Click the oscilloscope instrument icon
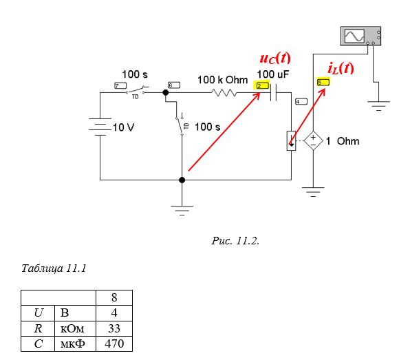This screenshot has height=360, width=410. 360,36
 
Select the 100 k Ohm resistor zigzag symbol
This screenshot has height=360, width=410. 224,93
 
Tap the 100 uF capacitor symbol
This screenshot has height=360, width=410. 274,92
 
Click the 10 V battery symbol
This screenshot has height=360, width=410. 100,127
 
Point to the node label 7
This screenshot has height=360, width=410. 120,85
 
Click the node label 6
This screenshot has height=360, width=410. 174,85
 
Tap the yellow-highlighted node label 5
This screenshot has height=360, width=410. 323,83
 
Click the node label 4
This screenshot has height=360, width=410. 301,101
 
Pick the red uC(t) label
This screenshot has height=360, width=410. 275,58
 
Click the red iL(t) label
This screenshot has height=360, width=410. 341,68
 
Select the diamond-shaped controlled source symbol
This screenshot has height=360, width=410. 313,140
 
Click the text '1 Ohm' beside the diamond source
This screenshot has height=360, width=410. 343,141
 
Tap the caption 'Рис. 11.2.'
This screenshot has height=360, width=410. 235,241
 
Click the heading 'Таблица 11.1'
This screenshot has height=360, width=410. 54,268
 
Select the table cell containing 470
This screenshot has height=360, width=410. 114,343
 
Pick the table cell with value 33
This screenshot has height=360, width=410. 114,328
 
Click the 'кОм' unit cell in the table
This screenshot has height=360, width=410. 75,328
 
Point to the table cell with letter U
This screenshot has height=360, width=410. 38,313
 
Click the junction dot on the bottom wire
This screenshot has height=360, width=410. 182,180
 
